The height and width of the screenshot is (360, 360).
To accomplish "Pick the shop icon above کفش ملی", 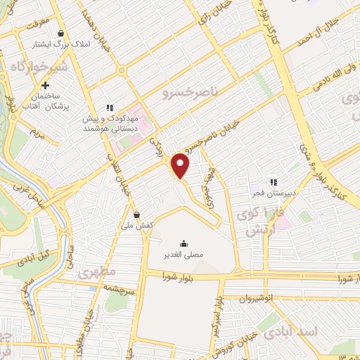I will click(x=136, y=215).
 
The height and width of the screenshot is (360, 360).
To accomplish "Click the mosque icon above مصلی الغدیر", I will click(x=184, y=243).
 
